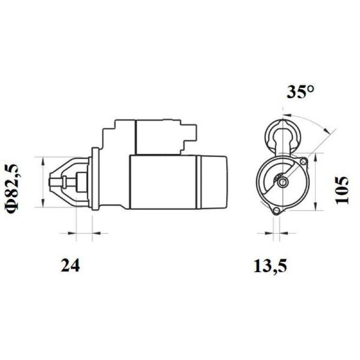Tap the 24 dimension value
[70, 265]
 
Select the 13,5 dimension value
[270, 266]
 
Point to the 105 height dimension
[342, 190]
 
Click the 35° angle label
[300, 92]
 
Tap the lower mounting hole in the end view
[277, 210]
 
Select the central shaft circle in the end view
[283, 182]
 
